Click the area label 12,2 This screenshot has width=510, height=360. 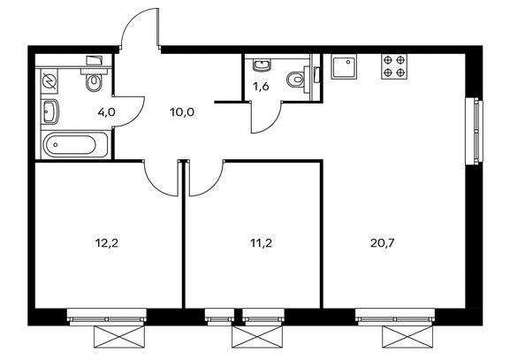[x=107, y=243]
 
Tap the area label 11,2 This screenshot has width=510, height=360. [x=261, y=243]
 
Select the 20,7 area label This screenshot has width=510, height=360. [x=382, y=243]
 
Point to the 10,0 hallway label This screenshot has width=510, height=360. [x=182, y=112]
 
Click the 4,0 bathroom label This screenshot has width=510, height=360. [x=107, y=112]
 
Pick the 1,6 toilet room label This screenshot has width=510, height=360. [x=261, y=87]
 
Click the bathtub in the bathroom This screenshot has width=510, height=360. [x=75, y=145]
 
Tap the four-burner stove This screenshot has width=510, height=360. [x=394, y=66]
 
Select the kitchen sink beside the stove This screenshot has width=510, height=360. [x=344, y=66]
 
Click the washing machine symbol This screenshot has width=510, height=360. [x=49, y=81]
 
